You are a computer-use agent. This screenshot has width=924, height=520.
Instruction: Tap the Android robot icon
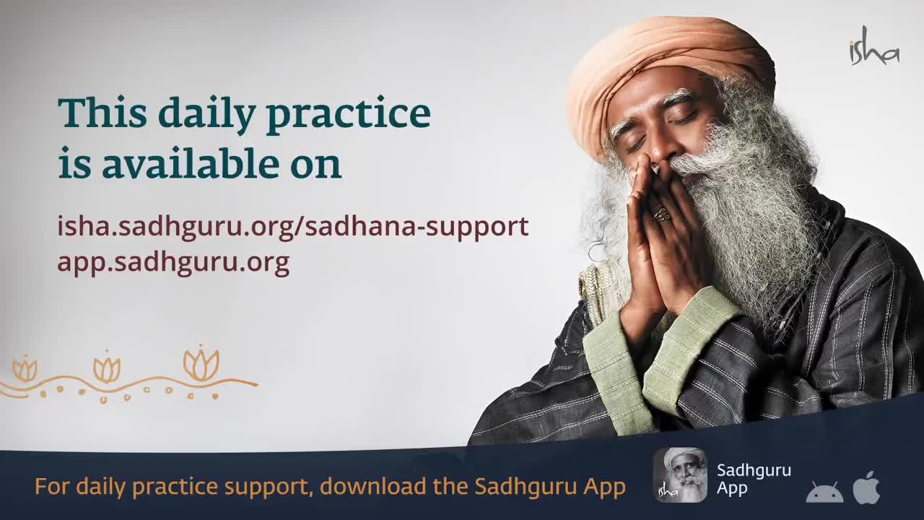(824, 492)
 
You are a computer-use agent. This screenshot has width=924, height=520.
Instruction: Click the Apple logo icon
(867, 487)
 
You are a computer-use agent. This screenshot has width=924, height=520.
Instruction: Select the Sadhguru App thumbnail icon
(680, 475)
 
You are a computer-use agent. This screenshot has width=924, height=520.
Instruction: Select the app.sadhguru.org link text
(173, 262)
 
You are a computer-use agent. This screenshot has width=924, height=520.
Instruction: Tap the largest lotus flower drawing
(201, 364)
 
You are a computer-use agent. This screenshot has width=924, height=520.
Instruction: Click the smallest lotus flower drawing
(25, 368)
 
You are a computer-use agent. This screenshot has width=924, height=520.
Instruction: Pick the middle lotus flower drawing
(107, 367)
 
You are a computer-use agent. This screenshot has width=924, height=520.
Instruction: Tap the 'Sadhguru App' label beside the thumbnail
(754, 479)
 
